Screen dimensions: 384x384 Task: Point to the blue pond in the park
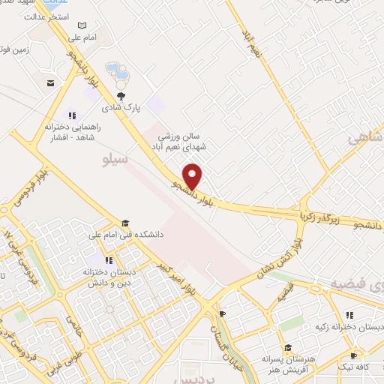coord(117,73)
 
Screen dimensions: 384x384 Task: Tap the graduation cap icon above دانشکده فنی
coord(126,223)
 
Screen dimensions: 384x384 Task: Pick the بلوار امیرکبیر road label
coord(177,274)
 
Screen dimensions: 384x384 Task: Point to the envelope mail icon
coord(50,83)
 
